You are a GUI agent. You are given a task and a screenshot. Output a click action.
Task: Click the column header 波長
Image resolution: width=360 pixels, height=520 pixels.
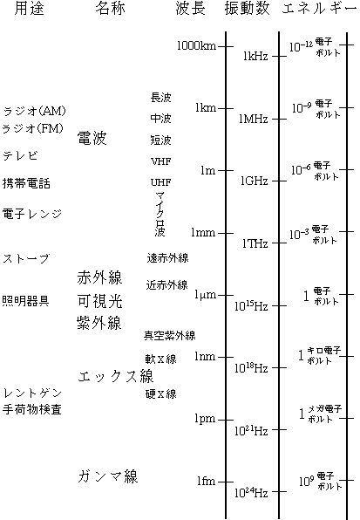[x=190, y=9]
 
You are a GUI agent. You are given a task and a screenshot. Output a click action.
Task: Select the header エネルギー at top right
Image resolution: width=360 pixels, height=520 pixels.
[x=320, y=9]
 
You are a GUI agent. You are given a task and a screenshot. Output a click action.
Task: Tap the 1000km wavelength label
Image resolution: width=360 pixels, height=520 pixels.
[x=197, y=45]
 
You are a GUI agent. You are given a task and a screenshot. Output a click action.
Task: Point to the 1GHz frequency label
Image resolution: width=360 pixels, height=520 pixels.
[x=255, y=181]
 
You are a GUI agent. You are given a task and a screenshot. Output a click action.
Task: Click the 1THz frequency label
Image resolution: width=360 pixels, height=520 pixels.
[x=255, y=243]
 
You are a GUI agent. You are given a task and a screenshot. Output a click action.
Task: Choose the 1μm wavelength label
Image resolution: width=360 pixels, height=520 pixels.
[x=206, y=295]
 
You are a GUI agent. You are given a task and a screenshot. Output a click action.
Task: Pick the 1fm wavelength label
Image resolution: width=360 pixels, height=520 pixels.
[x=207, y=481]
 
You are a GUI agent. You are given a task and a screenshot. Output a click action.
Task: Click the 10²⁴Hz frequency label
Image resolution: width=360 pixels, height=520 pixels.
[x=251, y=492]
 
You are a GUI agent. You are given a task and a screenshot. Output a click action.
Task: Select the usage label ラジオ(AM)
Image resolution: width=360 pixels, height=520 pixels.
[x=35, y=111]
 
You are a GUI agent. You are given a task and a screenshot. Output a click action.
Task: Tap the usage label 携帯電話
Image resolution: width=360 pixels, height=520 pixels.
[x=26, y=183]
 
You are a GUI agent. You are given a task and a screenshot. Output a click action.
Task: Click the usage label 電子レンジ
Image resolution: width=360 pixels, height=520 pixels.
[x=32, y=214]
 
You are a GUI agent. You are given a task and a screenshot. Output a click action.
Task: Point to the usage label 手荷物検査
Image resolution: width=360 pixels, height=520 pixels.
[x=32, y=409]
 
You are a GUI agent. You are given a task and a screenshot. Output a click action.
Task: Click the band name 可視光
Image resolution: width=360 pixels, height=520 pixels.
[x=99, y=301]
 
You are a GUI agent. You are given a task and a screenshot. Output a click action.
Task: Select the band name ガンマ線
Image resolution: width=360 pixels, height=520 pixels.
[x=108, y=476]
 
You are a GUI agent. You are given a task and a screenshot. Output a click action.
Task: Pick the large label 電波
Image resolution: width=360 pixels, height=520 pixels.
[x=92, y=138]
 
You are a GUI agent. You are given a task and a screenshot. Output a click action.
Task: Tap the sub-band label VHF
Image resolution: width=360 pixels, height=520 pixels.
[x=161, y=161]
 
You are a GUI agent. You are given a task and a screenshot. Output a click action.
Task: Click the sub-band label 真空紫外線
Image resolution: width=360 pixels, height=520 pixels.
[x=170, y=336]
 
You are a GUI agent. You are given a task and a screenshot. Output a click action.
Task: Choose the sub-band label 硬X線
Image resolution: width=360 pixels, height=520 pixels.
[x=161, y=393]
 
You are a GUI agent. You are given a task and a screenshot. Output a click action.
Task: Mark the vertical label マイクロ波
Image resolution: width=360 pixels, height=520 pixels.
[x=160, y=214]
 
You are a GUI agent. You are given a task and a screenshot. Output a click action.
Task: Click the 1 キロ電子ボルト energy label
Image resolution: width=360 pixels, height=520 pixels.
[x=319, y=355]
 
